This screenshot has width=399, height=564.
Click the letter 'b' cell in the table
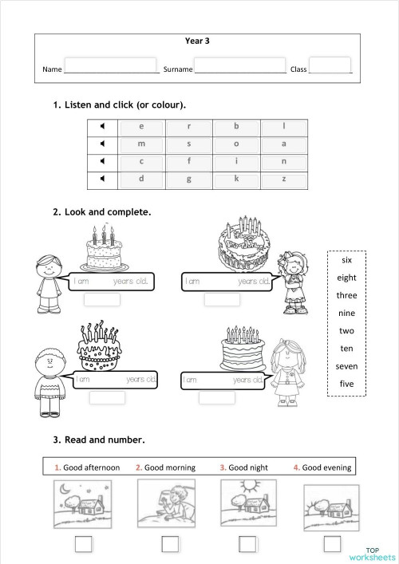[x=236, y=126]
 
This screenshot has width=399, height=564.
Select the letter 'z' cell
[x=283, y=179]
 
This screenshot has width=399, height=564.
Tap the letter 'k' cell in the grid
[x=236, y=179]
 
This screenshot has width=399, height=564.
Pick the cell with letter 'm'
[x=141, y=144]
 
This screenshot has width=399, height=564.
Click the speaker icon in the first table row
[x=102, y=126]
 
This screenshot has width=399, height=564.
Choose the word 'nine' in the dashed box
[x=346, y=313]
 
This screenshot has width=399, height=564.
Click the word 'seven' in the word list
[x=346, y=365]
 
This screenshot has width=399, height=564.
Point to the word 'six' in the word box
[x=346, y=260]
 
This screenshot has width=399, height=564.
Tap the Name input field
[x=110, y=65]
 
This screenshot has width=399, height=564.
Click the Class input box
[x=330, y=65]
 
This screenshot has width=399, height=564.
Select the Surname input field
[x=239, y=65]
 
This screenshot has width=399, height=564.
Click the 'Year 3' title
[x=196, y=41]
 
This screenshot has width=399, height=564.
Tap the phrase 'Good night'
[x=248, y=467]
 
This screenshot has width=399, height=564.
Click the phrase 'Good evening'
[x=326, y=467]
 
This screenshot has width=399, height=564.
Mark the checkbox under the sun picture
[x=247, y=544]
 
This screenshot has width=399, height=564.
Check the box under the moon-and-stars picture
[x=83, y=544]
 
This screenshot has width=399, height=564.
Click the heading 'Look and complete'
[x=108, y=212]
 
